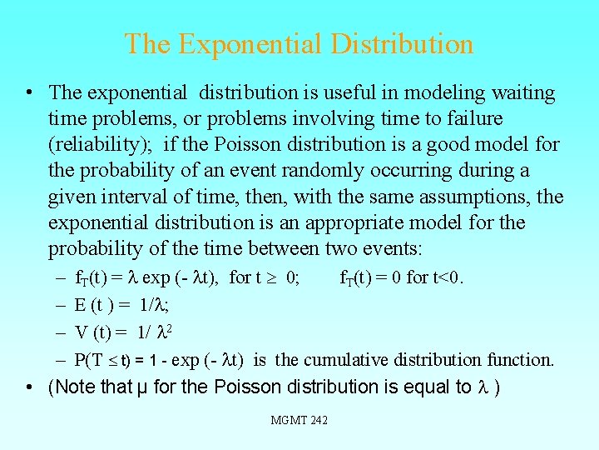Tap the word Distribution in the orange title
coord(402,43)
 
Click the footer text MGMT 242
coord(299,420)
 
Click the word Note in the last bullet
coord(74,387)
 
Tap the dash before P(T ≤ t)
coord(62,360)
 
